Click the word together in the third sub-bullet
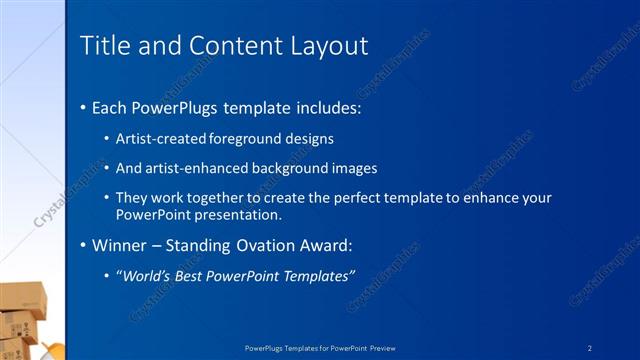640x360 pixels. coord(210,198)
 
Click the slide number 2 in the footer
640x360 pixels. coord(591,347)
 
